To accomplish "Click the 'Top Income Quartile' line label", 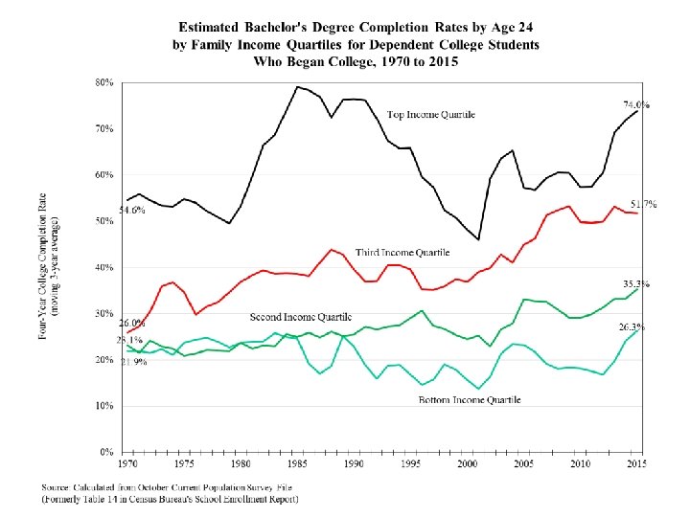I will click(430, 115).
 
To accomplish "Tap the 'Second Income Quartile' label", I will click(301, 317).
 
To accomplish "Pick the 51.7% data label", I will click(642, 204).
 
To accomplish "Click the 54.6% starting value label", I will click(131, 210).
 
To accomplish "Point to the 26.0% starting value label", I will click(131, 323).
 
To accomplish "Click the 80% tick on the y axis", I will click(103, 83).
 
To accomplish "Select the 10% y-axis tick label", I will click(103, 406).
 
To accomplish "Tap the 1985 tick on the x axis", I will click(297, 464).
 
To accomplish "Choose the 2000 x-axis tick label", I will click(468, 464).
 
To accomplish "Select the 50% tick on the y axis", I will click(103, 221).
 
